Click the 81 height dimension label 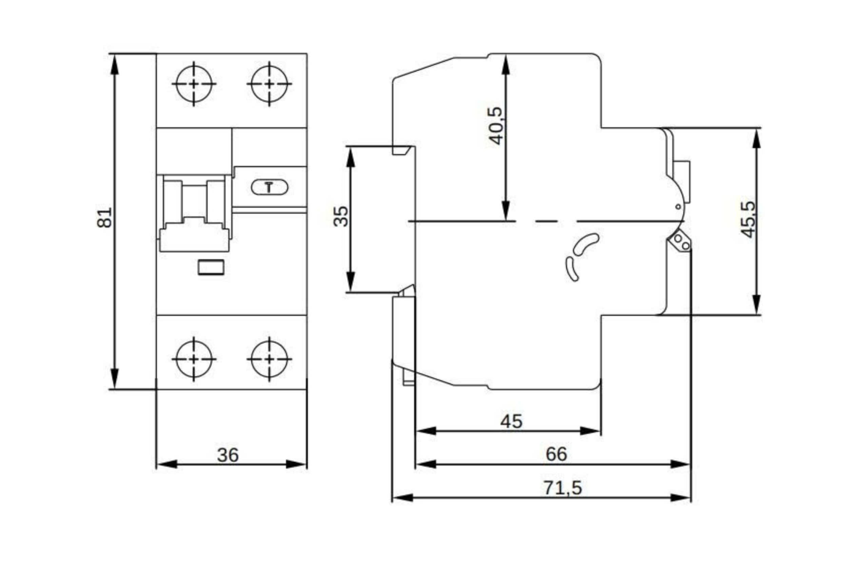104,218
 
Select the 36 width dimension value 228,455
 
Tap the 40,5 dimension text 495,126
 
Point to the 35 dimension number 341,216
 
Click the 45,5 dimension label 748,219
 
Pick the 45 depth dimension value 511,421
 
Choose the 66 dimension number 556,454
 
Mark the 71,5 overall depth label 562,488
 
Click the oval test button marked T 270,188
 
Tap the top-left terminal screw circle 194,84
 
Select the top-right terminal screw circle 270,84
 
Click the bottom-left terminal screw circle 194,359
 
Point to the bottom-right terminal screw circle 270,359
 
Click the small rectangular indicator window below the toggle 211,267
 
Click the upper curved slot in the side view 586,244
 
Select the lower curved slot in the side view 572,269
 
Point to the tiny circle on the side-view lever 678,207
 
